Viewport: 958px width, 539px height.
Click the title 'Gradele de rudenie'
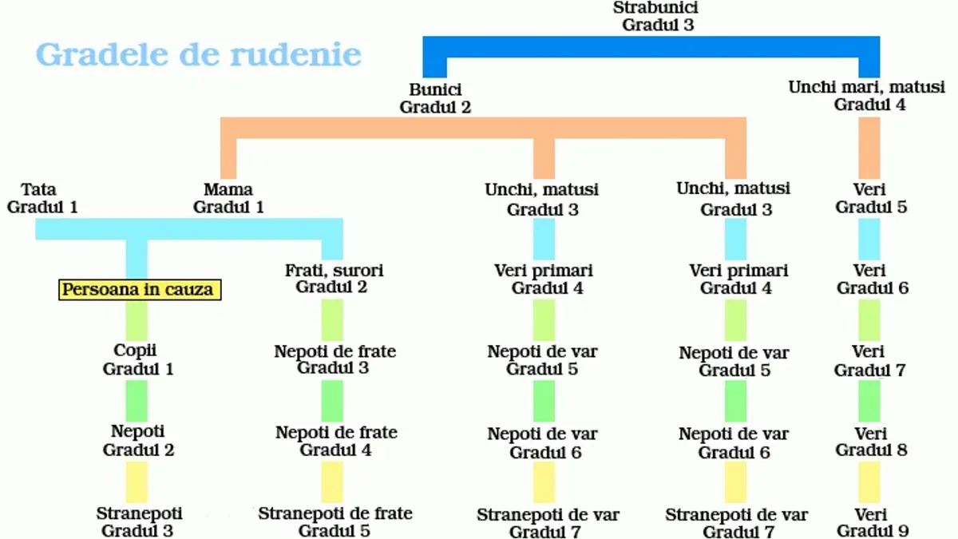click(x=199, y=55)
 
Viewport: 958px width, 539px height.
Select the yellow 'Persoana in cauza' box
click(x=140, y=290)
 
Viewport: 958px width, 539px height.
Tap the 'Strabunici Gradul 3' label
click(x=656, y=16)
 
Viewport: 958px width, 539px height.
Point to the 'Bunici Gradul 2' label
click(x=435, y=98)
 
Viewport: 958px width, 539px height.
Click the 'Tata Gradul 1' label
click(x=42, y=198)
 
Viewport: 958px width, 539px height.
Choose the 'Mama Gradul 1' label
click(x=228, y=198)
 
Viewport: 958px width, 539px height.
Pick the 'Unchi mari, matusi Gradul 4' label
click(x=866, y=96)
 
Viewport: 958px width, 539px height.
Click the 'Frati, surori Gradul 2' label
click(x=334, y=279)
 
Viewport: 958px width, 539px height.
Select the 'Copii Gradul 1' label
click(x=137, y=359)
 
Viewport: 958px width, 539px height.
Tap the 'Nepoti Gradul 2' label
click(x=138, y=441)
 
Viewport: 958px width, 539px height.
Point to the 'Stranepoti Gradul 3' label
click(x=139, y=522)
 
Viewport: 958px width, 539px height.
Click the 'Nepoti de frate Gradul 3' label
click(x=335, y=359)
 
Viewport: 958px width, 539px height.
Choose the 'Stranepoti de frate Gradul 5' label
click(x=335, y=522)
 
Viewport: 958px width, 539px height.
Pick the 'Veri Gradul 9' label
click(x=872, y=522)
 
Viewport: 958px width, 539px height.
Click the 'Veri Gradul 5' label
click(x=871, y=198)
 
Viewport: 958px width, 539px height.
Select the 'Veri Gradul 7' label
click(x=869, y=361)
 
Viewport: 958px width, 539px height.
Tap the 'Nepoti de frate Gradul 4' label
click(x=336, y=441)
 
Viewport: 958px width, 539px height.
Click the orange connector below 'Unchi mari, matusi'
click(x=869, y=148)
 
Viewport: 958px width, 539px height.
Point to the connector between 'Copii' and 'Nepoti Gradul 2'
click(x=137, y=401)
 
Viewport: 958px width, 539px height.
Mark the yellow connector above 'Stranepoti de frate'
click(x=332, y=482)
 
